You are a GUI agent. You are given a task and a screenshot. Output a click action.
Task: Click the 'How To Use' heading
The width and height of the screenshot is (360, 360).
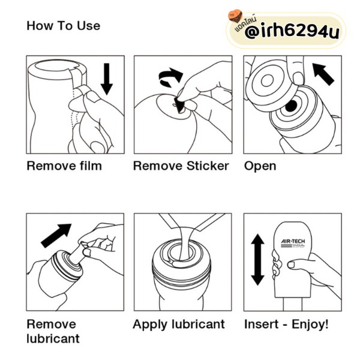tap(64, 25)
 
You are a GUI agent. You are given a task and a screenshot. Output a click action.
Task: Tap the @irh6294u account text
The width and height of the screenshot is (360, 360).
tap(292, 31)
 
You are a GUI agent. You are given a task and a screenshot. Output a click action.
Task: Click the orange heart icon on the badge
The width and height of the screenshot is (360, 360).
tap(235, 16)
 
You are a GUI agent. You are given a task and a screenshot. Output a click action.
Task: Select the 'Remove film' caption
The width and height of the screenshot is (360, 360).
tap(64, 166)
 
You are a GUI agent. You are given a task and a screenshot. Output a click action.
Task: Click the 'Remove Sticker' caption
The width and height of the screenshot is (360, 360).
tap(181, 166)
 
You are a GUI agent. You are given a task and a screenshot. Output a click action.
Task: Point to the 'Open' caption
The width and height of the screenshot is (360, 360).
tap(260, 166)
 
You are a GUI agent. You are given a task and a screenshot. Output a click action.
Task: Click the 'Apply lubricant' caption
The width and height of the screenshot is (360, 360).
tap(179, 325)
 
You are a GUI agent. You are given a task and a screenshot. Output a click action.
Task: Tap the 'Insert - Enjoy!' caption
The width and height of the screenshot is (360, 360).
tap(286, 325)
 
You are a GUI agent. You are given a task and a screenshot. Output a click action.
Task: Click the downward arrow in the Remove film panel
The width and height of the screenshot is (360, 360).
tap(107, 79)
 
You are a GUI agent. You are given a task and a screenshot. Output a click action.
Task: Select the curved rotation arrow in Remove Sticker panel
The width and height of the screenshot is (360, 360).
tap(171, 77)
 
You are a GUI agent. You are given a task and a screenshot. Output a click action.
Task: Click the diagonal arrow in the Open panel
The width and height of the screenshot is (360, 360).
tap(323, 74)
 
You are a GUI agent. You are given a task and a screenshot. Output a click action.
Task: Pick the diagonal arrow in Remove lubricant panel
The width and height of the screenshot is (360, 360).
tap(56, 236)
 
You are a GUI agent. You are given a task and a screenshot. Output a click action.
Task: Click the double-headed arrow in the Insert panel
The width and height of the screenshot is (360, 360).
tap(258, 260)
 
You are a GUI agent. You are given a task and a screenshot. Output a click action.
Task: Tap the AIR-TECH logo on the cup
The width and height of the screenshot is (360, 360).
tap(293, 243)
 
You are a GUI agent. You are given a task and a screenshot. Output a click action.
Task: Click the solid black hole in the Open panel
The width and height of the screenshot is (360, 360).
tap(291, 106)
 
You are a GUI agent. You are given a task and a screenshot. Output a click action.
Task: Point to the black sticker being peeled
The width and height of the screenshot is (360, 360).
tap(179, 105)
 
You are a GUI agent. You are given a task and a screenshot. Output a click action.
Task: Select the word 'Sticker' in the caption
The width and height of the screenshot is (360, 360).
tap(208, 166)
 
